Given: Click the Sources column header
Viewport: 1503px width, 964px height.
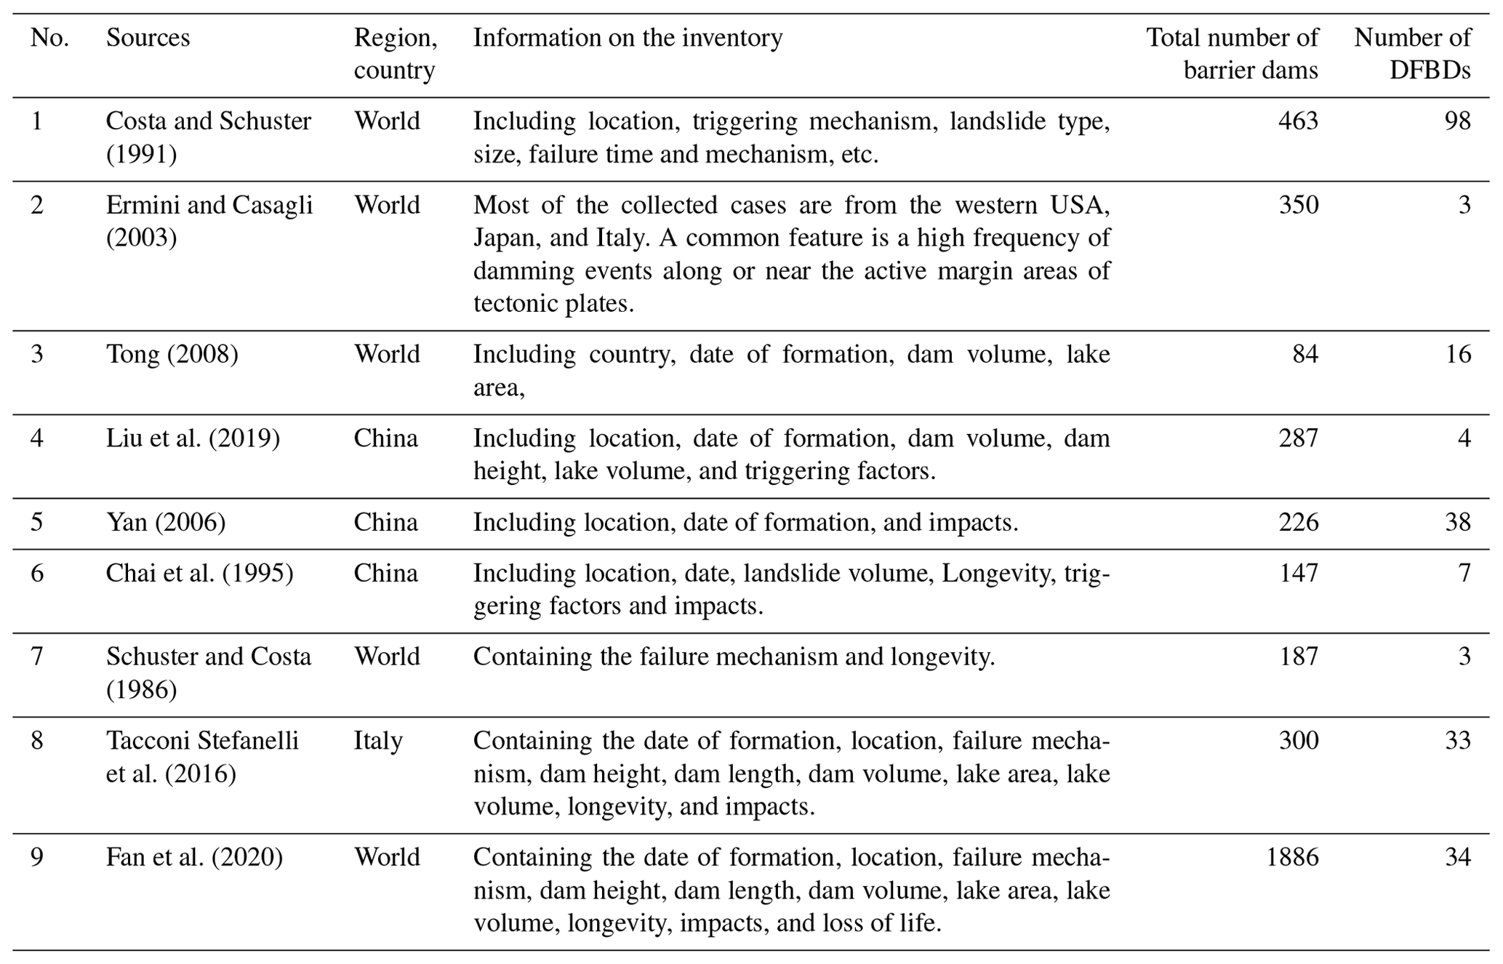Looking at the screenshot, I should pos(148,38).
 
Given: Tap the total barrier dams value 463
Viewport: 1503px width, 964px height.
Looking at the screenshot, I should pos(1298,121).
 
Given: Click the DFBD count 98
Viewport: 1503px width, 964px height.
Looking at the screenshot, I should pos(1457,121).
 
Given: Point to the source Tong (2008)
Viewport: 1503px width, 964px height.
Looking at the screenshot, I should pos(172,354).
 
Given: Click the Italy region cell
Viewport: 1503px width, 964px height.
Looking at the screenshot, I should pos(378,740).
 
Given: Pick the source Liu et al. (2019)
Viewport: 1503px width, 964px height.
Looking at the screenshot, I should pos(193,438).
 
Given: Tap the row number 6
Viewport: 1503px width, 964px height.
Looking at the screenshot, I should pos(37,573).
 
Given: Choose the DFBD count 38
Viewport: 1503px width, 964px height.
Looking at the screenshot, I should pos(1457,522).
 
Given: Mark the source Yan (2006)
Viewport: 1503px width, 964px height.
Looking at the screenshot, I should pos(166,522).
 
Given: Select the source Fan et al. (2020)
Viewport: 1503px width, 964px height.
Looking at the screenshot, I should pos(194,857).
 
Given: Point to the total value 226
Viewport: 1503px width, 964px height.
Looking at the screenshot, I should pos(1298,522).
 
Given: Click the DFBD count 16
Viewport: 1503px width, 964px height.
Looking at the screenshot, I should pos(1457,354).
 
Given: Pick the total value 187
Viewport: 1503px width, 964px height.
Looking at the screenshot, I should pos(1298,656).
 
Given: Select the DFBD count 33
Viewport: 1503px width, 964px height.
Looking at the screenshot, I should pos(1457,740).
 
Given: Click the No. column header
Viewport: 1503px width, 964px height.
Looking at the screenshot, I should pos(49,38).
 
